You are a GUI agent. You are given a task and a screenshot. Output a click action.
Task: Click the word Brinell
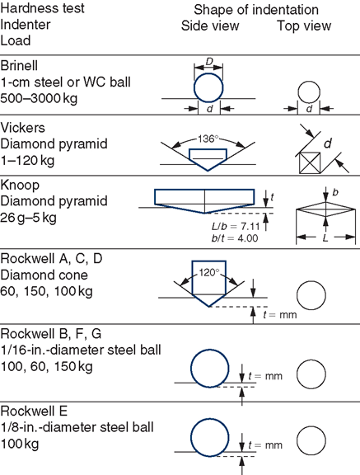point(19,66)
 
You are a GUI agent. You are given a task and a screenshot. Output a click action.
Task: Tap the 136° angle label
point(208,139)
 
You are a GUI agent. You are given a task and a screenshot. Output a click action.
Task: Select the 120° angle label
point(208,273)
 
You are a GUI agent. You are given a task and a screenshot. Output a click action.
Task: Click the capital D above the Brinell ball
point(209,62)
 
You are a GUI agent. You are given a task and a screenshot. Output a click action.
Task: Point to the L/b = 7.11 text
point(236,226)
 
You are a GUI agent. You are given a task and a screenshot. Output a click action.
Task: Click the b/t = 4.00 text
point(235,238)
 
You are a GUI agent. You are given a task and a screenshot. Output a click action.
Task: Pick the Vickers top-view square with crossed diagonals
point(310,163)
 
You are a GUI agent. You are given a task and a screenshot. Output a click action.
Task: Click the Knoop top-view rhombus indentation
point(325,209)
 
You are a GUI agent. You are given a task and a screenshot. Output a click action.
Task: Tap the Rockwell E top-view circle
point(311,440)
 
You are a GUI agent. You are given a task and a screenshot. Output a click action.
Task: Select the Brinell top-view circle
point(309,92)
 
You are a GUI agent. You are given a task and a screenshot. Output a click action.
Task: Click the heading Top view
point(304,26)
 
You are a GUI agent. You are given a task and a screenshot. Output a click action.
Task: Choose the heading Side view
point(210,26)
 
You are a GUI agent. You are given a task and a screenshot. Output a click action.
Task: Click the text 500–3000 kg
point(39,98)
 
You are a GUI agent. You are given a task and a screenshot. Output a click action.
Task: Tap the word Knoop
point(20,186)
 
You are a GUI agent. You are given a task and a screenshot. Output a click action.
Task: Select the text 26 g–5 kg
point(28,218)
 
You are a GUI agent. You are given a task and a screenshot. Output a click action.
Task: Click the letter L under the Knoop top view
point(325,238)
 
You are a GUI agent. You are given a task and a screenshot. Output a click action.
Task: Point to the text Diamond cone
point(44,275)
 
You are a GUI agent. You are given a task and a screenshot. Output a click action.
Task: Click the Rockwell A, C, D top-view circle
point(311,295)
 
